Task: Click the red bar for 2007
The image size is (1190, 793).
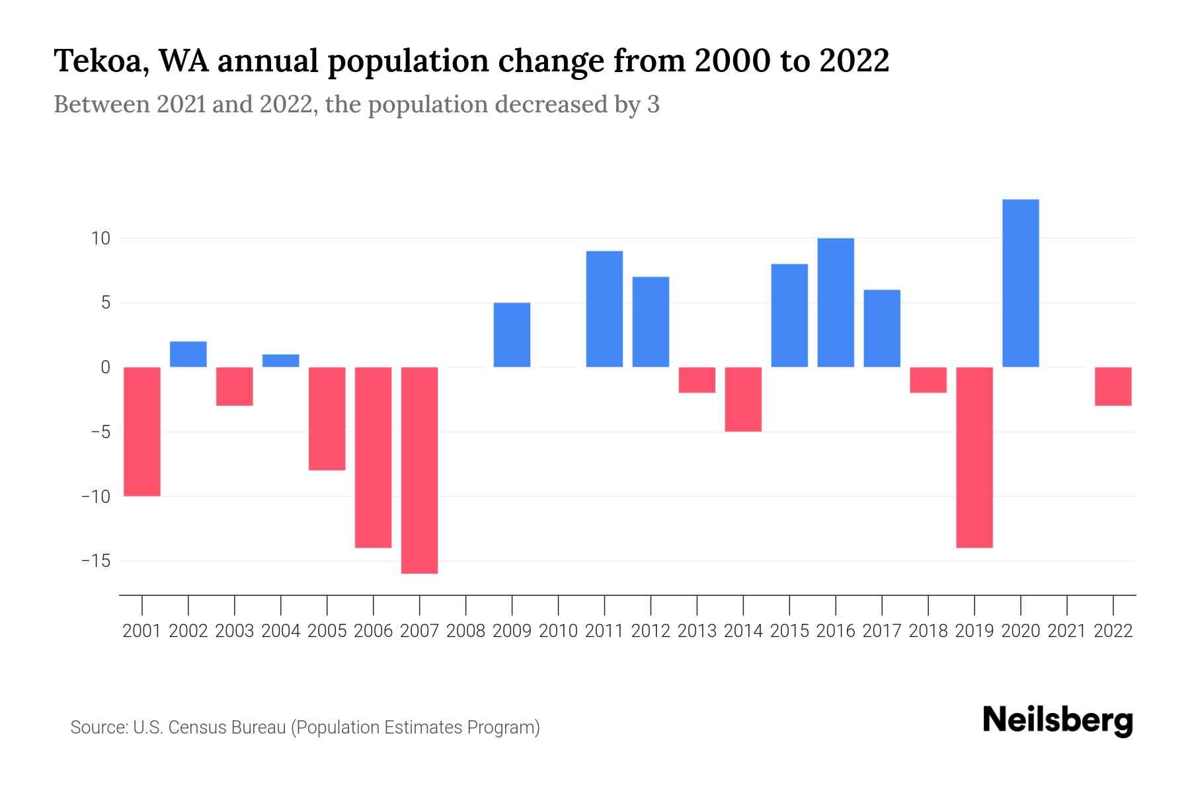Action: point(419,470)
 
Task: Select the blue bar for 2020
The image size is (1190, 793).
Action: point(1020,283)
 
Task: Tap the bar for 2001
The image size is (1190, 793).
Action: point(142,431)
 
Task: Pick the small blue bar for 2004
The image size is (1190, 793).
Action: point(280,361)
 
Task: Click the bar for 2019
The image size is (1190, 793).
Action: point(974,457)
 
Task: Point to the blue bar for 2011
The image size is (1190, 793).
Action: point(604,309)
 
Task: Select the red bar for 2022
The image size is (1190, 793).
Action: point(1113,386)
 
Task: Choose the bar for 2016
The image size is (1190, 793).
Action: point(836,302)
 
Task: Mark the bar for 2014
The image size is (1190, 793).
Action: point(743,399)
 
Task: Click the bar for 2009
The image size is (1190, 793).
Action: point(512,334)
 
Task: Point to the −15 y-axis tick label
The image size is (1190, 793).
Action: point(95,561)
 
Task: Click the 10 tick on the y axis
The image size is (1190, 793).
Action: point(100,239)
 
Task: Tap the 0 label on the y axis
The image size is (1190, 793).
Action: point(105,367)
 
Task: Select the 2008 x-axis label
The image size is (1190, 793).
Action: point(465,631)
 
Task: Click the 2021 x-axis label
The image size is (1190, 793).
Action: point(1066,631)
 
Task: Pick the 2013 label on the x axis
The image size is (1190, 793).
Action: point(697,631)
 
